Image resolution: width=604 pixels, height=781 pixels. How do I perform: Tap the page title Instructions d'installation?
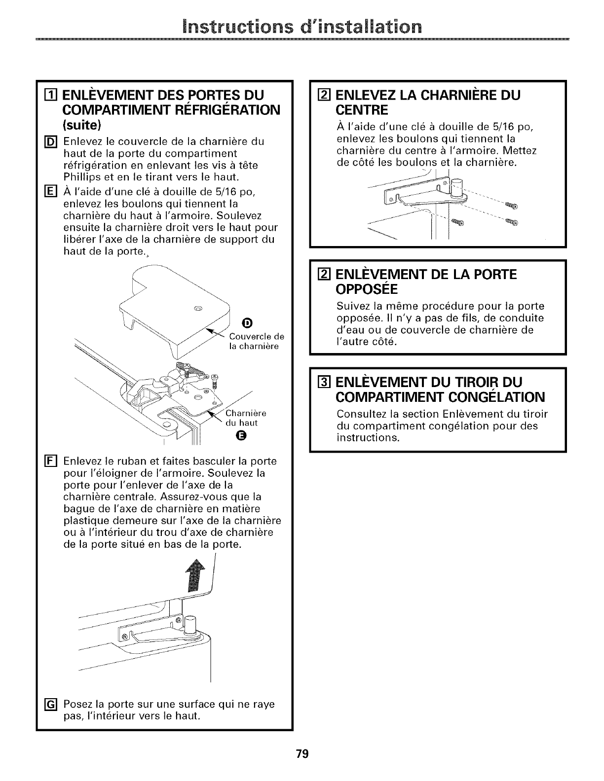(x=302, y=25)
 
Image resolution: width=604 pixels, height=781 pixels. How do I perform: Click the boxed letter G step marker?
(x=54, y=704)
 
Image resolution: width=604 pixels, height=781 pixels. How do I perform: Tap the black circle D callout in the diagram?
(x=248, y=323)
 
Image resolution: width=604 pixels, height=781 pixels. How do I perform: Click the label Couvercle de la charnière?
(x=257, y=341)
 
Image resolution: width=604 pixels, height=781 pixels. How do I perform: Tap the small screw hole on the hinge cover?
(x=198, y=309)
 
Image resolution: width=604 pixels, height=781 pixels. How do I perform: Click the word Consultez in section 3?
(x=358, y=414)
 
